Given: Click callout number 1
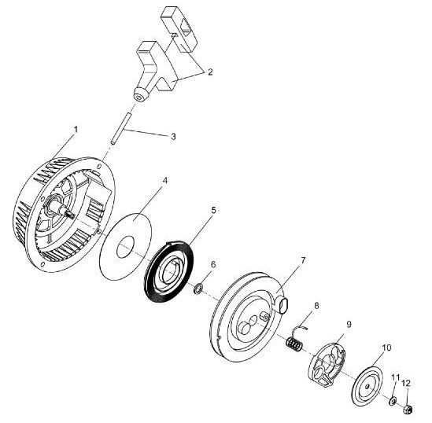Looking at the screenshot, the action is point(76,130).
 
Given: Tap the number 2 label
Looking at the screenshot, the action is point(210,72).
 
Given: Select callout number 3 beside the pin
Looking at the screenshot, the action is point(173,137).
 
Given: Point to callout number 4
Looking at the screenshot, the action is point(164,180).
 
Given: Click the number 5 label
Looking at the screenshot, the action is point(213,210).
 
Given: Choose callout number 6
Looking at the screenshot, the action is point(213,264).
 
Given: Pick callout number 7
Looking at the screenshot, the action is point(303,260).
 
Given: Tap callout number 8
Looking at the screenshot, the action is point(316,306).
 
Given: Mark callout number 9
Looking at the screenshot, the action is point(349,324).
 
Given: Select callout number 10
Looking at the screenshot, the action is point(386,348).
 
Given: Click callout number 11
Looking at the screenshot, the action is point(395,377).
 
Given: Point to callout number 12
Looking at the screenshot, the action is point(406,383).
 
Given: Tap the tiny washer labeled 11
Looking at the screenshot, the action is point(392,401).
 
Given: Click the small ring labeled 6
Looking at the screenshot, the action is point(198,289).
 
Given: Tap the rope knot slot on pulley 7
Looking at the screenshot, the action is point(283,306).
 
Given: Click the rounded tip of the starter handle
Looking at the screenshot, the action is point(140,95).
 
